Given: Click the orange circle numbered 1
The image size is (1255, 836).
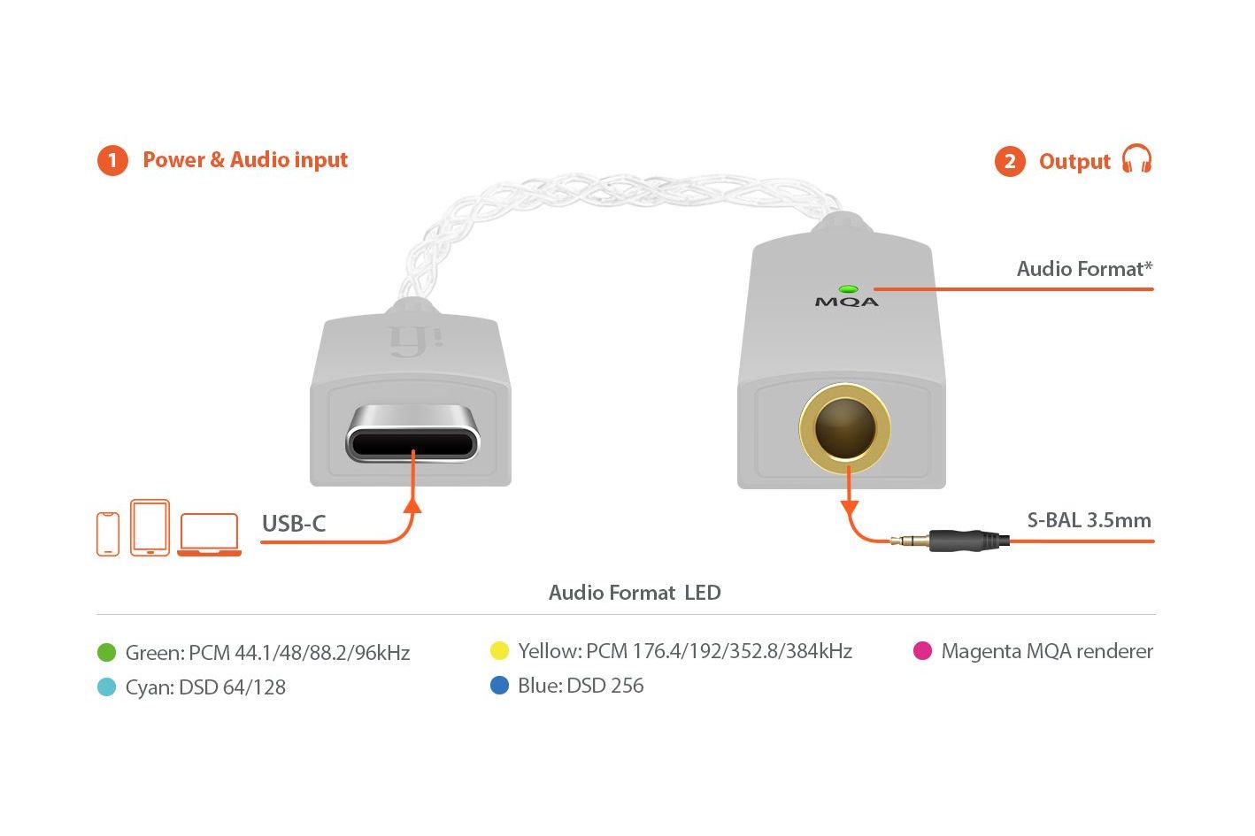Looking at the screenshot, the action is [112, 161].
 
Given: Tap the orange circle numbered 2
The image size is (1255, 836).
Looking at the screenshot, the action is [1010, 161].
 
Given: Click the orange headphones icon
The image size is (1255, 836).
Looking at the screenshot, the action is [1136, 158].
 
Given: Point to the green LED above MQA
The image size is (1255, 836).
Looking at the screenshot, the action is [848, 289].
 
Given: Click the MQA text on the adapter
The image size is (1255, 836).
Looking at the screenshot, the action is [847, 303].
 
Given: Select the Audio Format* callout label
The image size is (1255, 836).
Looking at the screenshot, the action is [1085, 269].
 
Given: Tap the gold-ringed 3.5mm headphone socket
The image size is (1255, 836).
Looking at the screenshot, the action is [845, 428].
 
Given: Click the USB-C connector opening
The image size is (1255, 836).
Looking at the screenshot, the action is [413, 433].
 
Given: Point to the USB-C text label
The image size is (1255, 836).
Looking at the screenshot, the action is [294, 524].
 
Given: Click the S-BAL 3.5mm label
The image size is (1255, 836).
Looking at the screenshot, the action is [1089, 520].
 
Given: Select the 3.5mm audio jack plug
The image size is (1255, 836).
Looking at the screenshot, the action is [951, 541].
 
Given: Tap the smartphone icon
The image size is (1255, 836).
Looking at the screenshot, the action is [108, 533].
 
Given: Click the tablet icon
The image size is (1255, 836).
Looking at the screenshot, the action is [150, 527].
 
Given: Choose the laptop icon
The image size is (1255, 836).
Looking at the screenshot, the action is [209, 534].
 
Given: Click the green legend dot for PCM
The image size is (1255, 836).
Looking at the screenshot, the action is [106, 652].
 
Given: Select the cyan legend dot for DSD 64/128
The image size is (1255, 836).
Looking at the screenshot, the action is [106, 686].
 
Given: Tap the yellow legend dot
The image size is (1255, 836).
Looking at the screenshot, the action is [499, 650].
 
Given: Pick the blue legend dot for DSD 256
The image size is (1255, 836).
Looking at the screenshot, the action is [499, 685].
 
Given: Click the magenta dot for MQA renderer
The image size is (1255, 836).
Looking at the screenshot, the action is [922, 650].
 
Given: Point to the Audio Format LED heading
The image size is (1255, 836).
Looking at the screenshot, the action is [635, 593].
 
